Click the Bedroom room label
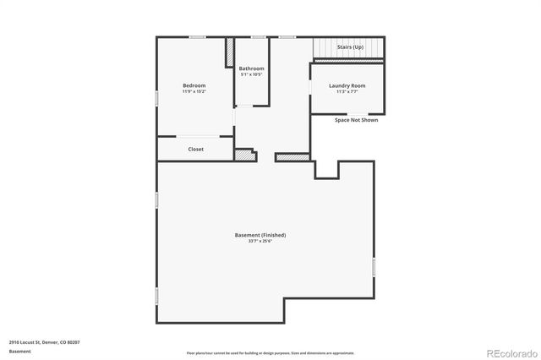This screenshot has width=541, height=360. coord(194,85)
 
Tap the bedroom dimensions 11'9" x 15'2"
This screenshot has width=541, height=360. coord(194,91)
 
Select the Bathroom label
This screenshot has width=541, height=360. coord(251,68)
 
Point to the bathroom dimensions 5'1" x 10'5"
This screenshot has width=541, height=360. coord(251,74)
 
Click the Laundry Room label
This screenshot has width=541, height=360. coord(347,85)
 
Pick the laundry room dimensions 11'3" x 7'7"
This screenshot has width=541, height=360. coord(347,91)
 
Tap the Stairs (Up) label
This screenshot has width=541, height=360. coord(350,47)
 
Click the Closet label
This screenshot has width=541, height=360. coord(195,149)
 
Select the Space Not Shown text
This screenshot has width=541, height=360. coord(356,120)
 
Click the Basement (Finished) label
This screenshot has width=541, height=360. coord(260,234)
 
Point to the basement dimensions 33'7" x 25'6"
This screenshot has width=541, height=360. coord(260,241)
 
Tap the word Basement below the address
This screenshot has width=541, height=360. coord(19,351)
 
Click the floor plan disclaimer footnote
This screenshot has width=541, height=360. coord(270,352)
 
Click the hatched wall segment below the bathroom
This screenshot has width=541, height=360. coord(292,156)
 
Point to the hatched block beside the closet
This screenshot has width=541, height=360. coord(244,155)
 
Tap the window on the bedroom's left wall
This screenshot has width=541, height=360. coord(157,99)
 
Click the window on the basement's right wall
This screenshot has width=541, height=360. coord(374,267)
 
